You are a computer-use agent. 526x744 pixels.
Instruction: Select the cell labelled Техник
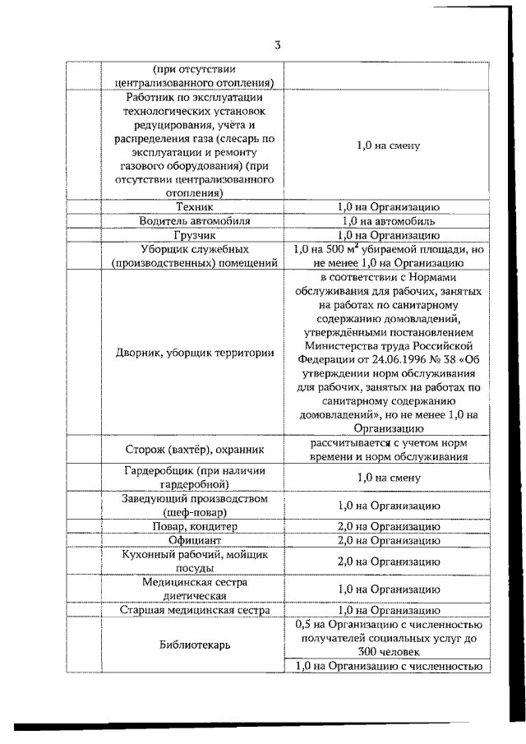click(x=195, y=207)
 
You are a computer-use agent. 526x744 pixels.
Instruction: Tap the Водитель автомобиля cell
click(x=195, y=221)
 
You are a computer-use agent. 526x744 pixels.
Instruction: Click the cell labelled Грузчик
click(x=195, y=235)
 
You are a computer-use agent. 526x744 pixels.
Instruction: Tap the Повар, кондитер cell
click(x=195, y=526)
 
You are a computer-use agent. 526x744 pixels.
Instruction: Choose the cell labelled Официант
click(x=195, y=540)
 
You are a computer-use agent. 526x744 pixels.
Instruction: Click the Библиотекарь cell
click(x=195, y=645)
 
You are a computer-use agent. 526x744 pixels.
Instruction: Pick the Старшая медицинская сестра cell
click(x=195, y=611)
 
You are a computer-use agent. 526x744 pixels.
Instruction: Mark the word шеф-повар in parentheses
click(x=195, y=511)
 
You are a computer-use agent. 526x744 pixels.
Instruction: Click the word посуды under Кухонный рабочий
click(x=195, y=568)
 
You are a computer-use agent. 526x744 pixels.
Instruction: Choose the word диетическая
click(x=195, y=596)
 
